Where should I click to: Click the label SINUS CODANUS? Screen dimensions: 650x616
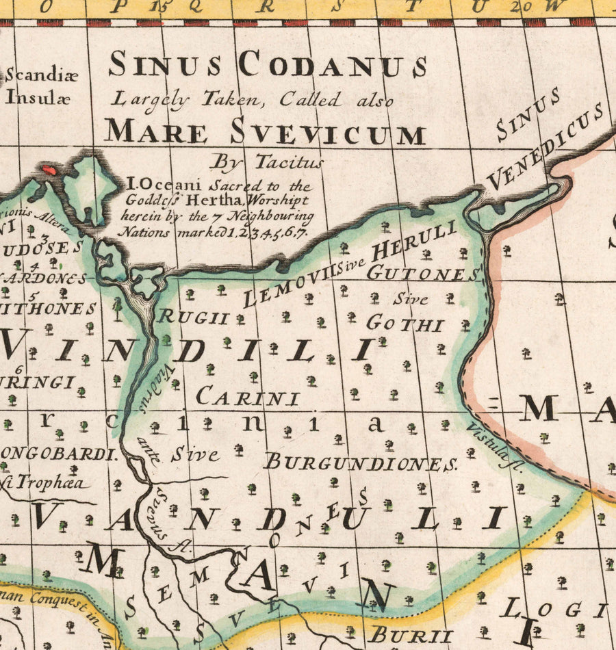268,66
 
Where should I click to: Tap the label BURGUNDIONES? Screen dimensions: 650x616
361,463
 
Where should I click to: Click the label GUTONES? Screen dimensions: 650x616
423,274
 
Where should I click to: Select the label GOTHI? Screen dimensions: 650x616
405,324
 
